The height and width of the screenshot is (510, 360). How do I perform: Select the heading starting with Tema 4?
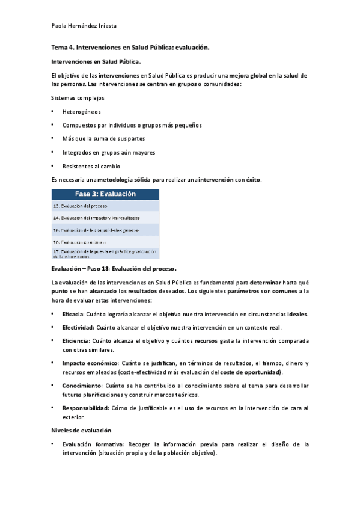pyautogui.click(x=130, y=46)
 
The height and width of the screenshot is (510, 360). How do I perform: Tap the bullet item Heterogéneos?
pyautogui.click(x=81, y=111)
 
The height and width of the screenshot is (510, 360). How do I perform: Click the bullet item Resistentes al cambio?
pyautogui.click(x=91, y=166)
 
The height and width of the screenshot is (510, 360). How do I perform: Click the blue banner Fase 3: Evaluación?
pyautogui.click(x=105, y=194)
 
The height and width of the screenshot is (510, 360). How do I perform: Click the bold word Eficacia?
pyautogui.click(x=73, y=314)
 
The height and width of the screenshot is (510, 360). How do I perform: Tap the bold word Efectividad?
pyautogui.click(x=78, y=327)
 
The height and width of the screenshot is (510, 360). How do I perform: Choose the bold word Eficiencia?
pyautogui.click(x=76, y=340)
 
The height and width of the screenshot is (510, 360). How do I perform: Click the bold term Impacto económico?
pyautogui.click(x=90, y=363)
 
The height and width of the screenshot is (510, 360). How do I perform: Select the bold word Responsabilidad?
pyautogui.click(x=85, y=408)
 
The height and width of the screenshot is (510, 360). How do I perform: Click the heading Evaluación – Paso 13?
pyautogui.click(x=115, y=269)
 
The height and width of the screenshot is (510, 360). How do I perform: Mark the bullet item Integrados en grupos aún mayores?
pyautogui.click(x=108, y=152)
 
